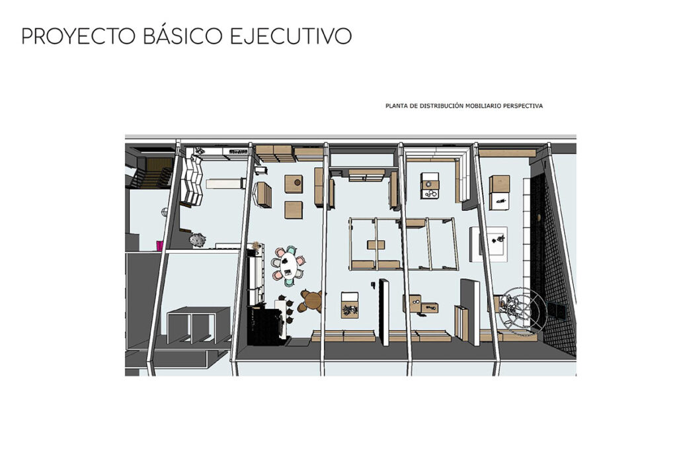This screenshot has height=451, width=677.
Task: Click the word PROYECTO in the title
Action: [78, 36]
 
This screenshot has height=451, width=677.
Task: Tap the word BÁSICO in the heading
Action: [182, 36]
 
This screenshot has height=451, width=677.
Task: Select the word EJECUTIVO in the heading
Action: [291, 36]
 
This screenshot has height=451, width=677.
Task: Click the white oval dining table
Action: [288, 265]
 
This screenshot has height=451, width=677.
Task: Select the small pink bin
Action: [160, 245]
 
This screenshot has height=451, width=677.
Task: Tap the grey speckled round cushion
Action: [197, 239]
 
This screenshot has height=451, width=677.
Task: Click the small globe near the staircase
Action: [165, 212]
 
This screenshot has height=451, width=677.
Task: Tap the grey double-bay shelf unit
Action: [199, 325]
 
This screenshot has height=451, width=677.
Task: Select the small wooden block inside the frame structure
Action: [376, 245]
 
